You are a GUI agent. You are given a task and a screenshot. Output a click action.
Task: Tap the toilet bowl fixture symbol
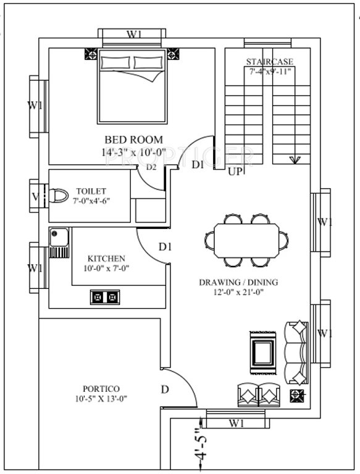tap(58, 196)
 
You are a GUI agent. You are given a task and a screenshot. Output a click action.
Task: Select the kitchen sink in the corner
tap(59, 243)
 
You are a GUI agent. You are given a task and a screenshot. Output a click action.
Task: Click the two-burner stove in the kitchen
tap(104, 297)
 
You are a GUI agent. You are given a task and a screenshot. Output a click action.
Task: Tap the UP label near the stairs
tap(235, 172)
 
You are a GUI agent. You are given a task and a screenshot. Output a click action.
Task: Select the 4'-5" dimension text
tap(198, 446)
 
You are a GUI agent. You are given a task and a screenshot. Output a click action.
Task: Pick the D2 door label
tap(151, 167)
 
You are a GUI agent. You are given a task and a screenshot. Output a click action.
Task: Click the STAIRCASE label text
tap(269, 61)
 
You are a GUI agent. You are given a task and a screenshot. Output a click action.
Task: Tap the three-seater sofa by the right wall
tap(296, 354)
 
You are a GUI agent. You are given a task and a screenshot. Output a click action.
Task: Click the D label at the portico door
tap(164, 389)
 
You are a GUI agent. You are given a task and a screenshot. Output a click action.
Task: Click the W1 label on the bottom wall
tap(236, 423)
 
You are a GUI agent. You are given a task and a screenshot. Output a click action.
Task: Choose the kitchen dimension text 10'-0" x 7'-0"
tap(107, 268)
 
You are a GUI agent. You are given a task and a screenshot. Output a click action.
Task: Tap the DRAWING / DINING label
tap(238, 283)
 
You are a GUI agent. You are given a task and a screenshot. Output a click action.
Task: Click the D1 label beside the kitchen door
tap(165, 247)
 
